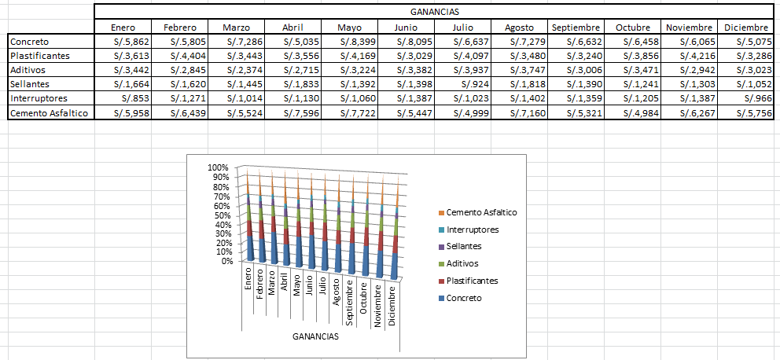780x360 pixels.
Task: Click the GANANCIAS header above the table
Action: tap(435, 12)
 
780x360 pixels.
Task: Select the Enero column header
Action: tap(123, 28)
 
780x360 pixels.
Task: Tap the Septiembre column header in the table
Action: tap(576, 28)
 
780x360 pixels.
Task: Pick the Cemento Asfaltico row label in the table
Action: tap(49, 113)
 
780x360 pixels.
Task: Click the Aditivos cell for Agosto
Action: tap(522, 70)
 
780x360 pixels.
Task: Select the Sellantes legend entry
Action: tap(465, 247)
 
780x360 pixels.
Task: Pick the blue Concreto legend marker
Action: tap(441, 298)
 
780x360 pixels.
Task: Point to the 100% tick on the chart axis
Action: tap(217, 167)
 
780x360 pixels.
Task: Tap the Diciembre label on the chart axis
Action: tap(392, 306)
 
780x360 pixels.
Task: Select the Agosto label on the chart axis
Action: tap(337, 292)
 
